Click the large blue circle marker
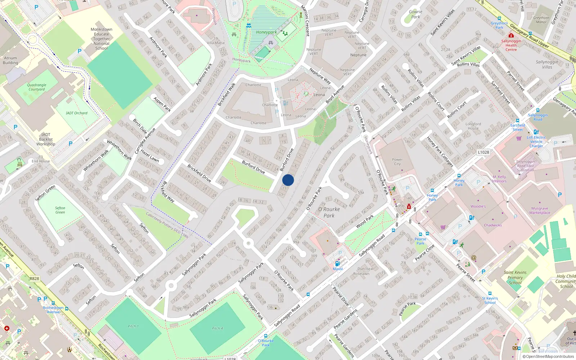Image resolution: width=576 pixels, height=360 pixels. point(288,180)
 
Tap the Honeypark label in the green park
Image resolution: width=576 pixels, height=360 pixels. point(266,32)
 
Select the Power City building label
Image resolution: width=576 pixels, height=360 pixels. point(397,162)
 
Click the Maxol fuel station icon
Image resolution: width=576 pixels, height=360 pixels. point(337,264)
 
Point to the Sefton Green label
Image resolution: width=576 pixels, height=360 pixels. point(60,210)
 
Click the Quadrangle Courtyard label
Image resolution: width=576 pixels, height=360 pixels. point(37,87)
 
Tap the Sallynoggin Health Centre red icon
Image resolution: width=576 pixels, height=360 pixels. point(511,35)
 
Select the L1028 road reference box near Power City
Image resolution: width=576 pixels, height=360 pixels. point(483,152)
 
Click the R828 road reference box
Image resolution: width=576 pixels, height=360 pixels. point(35,279)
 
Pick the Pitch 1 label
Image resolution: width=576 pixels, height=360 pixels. point(133,326)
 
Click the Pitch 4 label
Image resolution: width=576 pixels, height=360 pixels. point(217,328)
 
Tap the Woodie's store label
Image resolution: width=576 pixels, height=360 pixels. point(478,206)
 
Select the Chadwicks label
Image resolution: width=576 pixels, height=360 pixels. point(493,225)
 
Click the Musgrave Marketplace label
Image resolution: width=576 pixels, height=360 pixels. point(540,210)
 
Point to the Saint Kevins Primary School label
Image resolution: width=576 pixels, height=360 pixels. point(515,278)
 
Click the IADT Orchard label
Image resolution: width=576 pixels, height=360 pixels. point(77,113)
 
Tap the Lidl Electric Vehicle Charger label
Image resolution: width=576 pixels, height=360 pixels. point(536,141)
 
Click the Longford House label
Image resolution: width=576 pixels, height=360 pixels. point(473,126)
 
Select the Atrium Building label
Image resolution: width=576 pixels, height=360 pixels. point(10,60)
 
